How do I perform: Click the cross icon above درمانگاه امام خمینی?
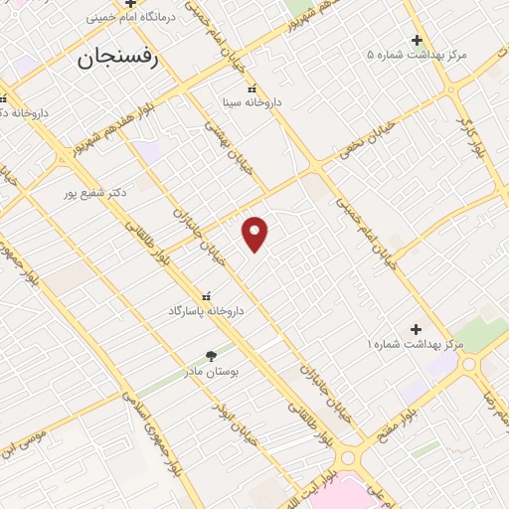(x=129, y=3)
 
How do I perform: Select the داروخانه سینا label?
(x=251, y=102)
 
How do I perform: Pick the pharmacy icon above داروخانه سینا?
(x=251, y=87)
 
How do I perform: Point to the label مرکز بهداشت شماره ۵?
(x=416, y=54)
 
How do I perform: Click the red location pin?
(x=255, y=234)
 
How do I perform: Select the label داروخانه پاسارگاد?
(x=206, y=311)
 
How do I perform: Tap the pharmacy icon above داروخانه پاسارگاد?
(x=207, y=296)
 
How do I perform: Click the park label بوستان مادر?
(x=211, y=370)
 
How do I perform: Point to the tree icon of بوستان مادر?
(x=211, y=355)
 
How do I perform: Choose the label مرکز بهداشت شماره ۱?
(x=416, y=344)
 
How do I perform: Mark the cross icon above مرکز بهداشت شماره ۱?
(x=417, y=329)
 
